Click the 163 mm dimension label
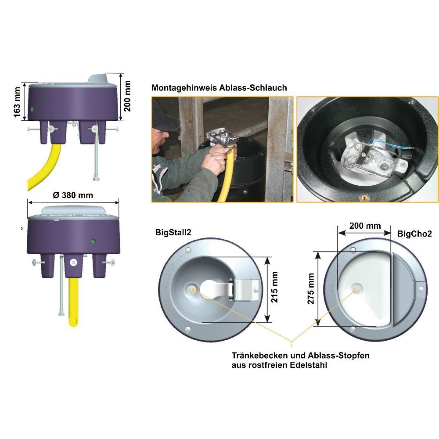coord(17,102)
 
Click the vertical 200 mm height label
coord(127,96)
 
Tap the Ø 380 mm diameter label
coord(73,195)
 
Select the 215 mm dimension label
coord(275,287)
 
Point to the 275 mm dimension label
coord(311,289)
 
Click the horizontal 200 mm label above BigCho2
coord(365,226)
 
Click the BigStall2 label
coord(173,232)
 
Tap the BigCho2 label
coord(415,234)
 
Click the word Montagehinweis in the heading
coord(184,88)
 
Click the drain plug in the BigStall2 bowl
coord(192,289)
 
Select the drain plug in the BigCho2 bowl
coord(356,290)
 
